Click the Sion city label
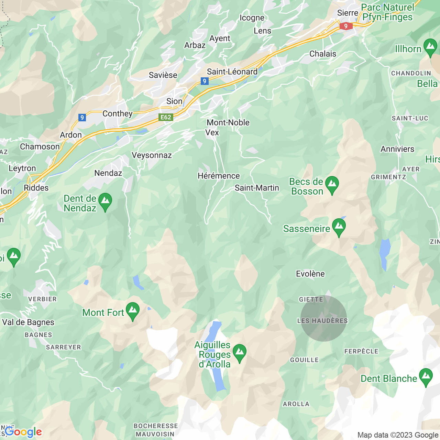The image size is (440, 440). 174,101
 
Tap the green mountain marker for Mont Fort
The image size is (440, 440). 133,311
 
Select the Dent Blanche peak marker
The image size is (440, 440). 426,377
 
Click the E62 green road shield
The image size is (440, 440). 166,117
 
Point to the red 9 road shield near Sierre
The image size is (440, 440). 345,26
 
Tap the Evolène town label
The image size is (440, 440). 310,274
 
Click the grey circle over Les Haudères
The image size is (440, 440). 323,318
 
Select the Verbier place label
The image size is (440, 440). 42,299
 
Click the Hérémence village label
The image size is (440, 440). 219,176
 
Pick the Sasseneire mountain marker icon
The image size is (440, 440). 339,227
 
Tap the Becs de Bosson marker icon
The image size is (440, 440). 332,185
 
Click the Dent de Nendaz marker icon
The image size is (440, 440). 105,202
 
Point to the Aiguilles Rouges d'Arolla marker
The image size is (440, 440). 240,353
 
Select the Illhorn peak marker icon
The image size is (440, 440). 430,47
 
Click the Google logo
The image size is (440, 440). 23,432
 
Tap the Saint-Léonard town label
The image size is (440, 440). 232,71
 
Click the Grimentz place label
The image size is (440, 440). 388,177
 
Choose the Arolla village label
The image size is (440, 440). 296,404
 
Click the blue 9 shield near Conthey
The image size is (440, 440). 82,118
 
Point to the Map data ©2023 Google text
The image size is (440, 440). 398,435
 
